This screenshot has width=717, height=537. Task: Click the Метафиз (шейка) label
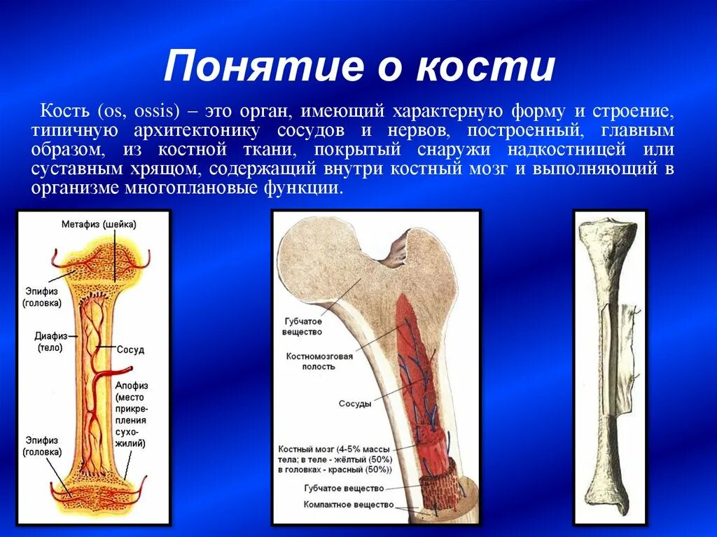coord(99,225)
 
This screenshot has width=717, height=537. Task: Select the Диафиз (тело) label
coord(49,341)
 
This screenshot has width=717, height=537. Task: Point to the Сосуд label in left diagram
coord(130,349)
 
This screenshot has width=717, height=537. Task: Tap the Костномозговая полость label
coord(319,361)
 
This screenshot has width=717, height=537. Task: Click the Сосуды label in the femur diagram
coord(355,404)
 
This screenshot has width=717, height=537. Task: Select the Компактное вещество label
coord(348,504)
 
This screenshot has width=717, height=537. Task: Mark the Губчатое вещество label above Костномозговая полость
coord(302,326)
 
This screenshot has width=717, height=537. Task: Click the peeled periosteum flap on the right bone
coord(630,343)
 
